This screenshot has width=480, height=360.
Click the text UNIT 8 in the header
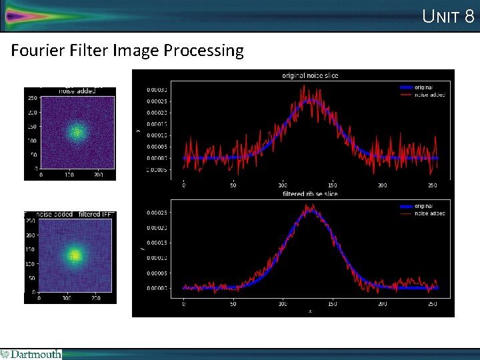[448, 16]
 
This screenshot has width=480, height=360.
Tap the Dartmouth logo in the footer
[31, 354]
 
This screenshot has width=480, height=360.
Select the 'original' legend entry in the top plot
[423, 87]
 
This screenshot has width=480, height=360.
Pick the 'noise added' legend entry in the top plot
[429, 95]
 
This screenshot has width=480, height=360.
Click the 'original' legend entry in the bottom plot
[423, 206]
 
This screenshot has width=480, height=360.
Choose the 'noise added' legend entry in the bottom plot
[429, 213]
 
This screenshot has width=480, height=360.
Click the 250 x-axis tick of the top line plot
[431, 185]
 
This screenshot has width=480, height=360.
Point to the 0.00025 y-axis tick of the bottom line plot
[157, 213]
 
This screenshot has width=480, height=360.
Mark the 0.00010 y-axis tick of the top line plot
[157, 135]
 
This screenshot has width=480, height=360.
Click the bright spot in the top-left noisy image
[77, 131]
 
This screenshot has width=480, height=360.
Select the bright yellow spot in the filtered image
[75, 255]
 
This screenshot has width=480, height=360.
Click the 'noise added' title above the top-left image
[75, 91]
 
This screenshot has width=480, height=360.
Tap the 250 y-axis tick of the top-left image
[31, 97]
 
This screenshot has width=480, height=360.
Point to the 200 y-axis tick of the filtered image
[31, 235]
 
